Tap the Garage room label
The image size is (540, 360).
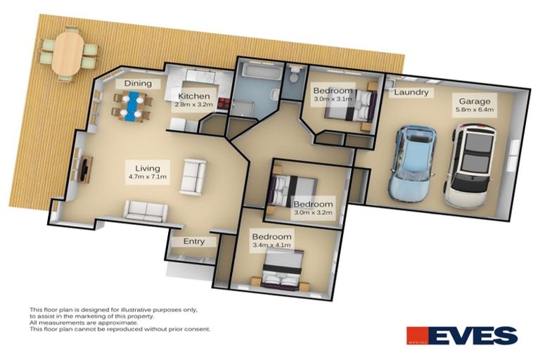click(x=475, y=101)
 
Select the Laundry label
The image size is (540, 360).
click(x=411, y=92)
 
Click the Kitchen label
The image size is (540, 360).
click(x=192, y=96)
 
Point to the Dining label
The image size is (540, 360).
click(x=138, y=84)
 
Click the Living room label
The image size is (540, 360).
click(x=148, y=168)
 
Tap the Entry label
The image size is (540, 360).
click(x=194, y=241)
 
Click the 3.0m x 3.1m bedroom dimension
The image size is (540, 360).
click(x=333, y=99)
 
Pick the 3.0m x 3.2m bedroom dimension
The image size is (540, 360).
click(x=313, y=214)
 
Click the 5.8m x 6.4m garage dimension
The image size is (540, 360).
click(x=475, y=110)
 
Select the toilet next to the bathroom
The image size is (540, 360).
click(x=295, y=73)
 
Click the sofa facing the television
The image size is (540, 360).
click(x=193, y=176)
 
